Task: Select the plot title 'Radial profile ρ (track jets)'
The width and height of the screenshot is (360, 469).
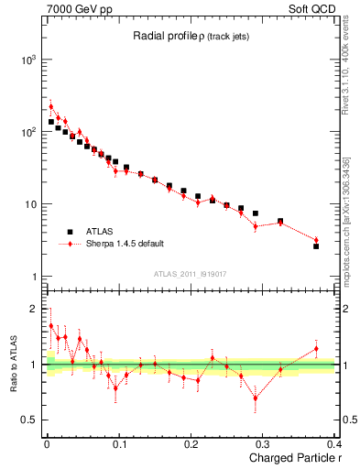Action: [x=191, y=36]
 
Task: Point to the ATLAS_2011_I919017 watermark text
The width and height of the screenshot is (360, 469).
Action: [x=191, y=273]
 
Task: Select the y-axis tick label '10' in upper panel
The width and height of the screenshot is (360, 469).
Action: [x=29, y=204]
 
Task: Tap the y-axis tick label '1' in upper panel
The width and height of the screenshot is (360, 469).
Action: [x=33, y=277]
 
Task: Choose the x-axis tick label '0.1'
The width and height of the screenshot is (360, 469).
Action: [x=119, y=444]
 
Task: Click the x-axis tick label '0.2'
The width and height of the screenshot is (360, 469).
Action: [x=191, y=444]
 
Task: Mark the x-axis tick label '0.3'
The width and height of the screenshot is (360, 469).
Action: [x=264, y=444]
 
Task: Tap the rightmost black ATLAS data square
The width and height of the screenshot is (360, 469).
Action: [x=316, y=246]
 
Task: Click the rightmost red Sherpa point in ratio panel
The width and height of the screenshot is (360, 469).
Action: [x=316, y=349]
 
